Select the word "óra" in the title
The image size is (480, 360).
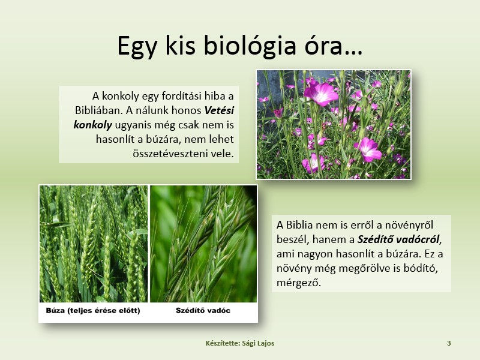(x=323, y=46)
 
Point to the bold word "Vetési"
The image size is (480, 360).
(x=219, y=110)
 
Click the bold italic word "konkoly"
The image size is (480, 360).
(x=93, y=125)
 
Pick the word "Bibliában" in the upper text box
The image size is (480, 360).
(x=98, y=110)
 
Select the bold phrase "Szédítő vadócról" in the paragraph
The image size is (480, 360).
(x=399, y=239)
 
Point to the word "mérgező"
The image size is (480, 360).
(x=298, y=282)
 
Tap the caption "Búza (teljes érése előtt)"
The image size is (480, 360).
(x=93, y=310)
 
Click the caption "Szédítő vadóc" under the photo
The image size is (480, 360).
(x=203, y=310)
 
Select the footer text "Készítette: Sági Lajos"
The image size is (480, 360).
(x=240, y=343)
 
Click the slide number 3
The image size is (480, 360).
(x=449, y=343)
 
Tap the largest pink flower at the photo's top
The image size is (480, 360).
(x=321, y=93)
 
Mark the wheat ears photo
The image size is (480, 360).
(x=94, y=244)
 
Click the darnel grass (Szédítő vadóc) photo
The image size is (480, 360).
(x=203, y=244)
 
